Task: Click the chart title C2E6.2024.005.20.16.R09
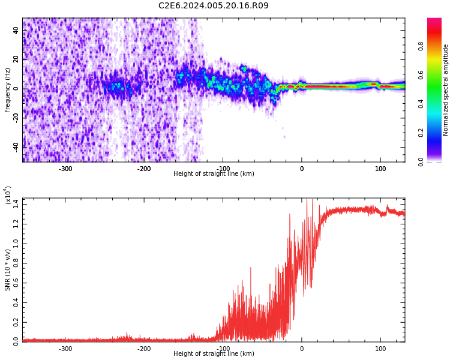pos(214,6)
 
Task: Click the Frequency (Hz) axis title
pos(7,90)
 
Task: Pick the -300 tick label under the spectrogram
pos(65,169)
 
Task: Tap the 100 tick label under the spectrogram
pos(380,169)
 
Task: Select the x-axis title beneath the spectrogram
pos(214,174)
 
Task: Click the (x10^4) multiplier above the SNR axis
pos(8,196)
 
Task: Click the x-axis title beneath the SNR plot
pos(214,354)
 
